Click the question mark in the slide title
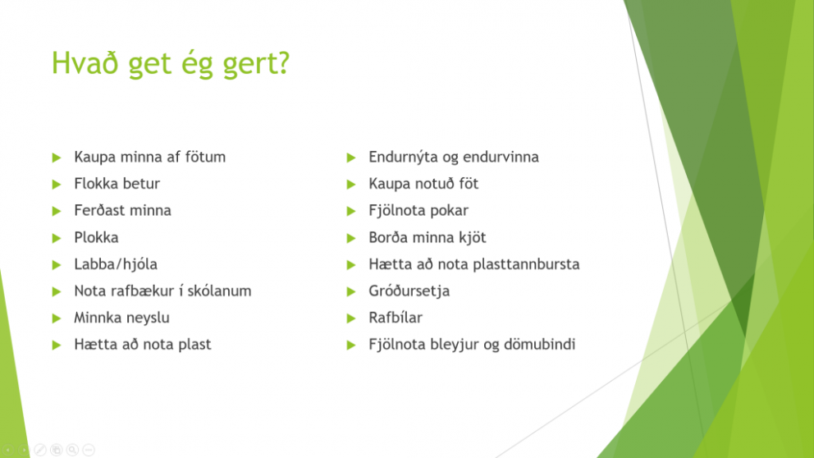point(283,62)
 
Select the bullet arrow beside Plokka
point(57,238)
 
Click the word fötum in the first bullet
point(205,157)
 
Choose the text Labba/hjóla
point(116,264)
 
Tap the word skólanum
point(219,291)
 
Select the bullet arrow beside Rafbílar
point(351,318)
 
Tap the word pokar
point(450,211)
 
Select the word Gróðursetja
point(409,291)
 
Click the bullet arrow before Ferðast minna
point(57,211)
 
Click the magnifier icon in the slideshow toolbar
point(73,450)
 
